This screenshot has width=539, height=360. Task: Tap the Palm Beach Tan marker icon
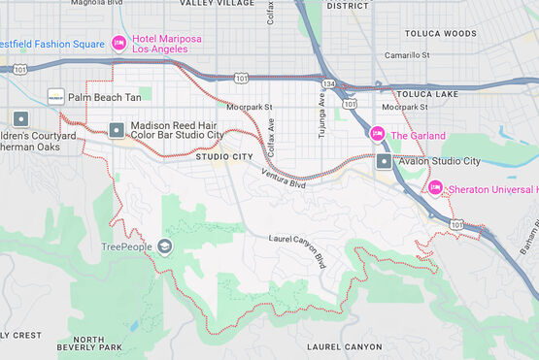(x=56, y=96)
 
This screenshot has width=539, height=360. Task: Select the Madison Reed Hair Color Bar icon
(x=117, y=129)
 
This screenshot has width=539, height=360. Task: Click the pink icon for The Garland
(x=378, y=134)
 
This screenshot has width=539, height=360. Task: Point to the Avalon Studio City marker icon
(x=385, y=161)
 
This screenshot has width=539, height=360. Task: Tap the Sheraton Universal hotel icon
(x=434, y=187)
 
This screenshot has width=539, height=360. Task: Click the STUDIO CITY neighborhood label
(x=224, y=156)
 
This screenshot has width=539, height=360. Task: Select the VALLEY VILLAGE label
(x=217, y=4)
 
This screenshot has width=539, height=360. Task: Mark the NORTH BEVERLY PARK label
(x=87, y=342)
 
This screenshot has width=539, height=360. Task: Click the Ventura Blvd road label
(x=283, y=178)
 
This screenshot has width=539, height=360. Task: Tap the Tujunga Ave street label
(x=320, y=115)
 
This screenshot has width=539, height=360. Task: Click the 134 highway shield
(x=330, y=85)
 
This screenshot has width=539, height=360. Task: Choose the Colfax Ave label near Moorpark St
(x=272, y=140)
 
